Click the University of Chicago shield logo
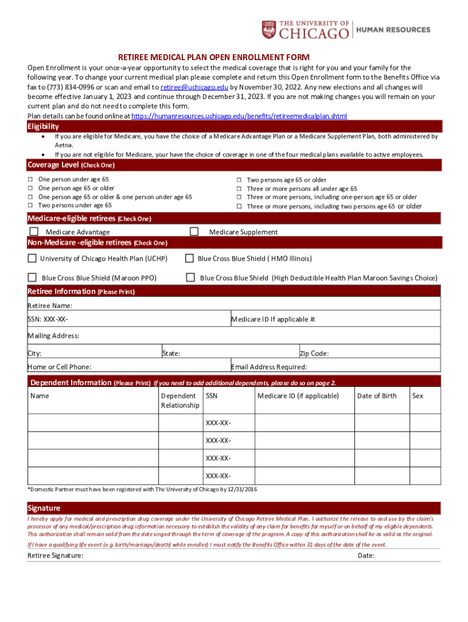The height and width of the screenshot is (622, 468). click(269, 29)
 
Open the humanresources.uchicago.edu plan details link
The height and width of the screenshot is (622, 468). click(239, 115)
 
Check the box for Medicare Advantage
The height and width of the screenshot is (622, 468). click(34, 231)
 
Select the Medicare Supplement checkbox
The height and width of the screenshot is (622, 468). click(194, 231)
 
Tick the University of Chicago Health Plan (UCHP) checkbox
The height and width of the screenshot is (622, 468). click(32, 258)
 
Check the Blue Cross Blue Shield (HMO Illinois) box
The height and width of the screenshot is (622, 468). click(190, 258)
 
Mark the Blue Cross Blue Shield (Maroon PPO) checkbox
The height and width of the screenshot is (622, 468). click(32, 278)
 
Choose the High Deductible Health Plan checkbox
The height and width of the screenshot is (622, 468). click(190, 278)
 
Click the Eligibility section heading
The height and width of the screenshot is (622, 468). click(43, 126)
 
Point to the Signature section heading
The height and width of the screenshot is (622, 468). click(44, 508)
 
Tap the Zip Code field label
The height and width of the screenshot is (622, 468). click(314, 353)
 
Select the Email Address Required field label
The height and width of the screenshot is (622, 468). click(269, 367)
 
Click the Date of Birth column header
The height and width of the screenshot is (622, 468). click(377, 396)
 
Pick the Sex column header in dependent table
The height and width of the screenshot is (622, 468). click(418, 396)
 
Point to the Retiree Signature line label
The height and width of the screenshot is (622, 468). click(55, 555)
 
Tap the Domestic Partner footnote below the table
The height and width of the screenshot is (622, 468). click(142, 489)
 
